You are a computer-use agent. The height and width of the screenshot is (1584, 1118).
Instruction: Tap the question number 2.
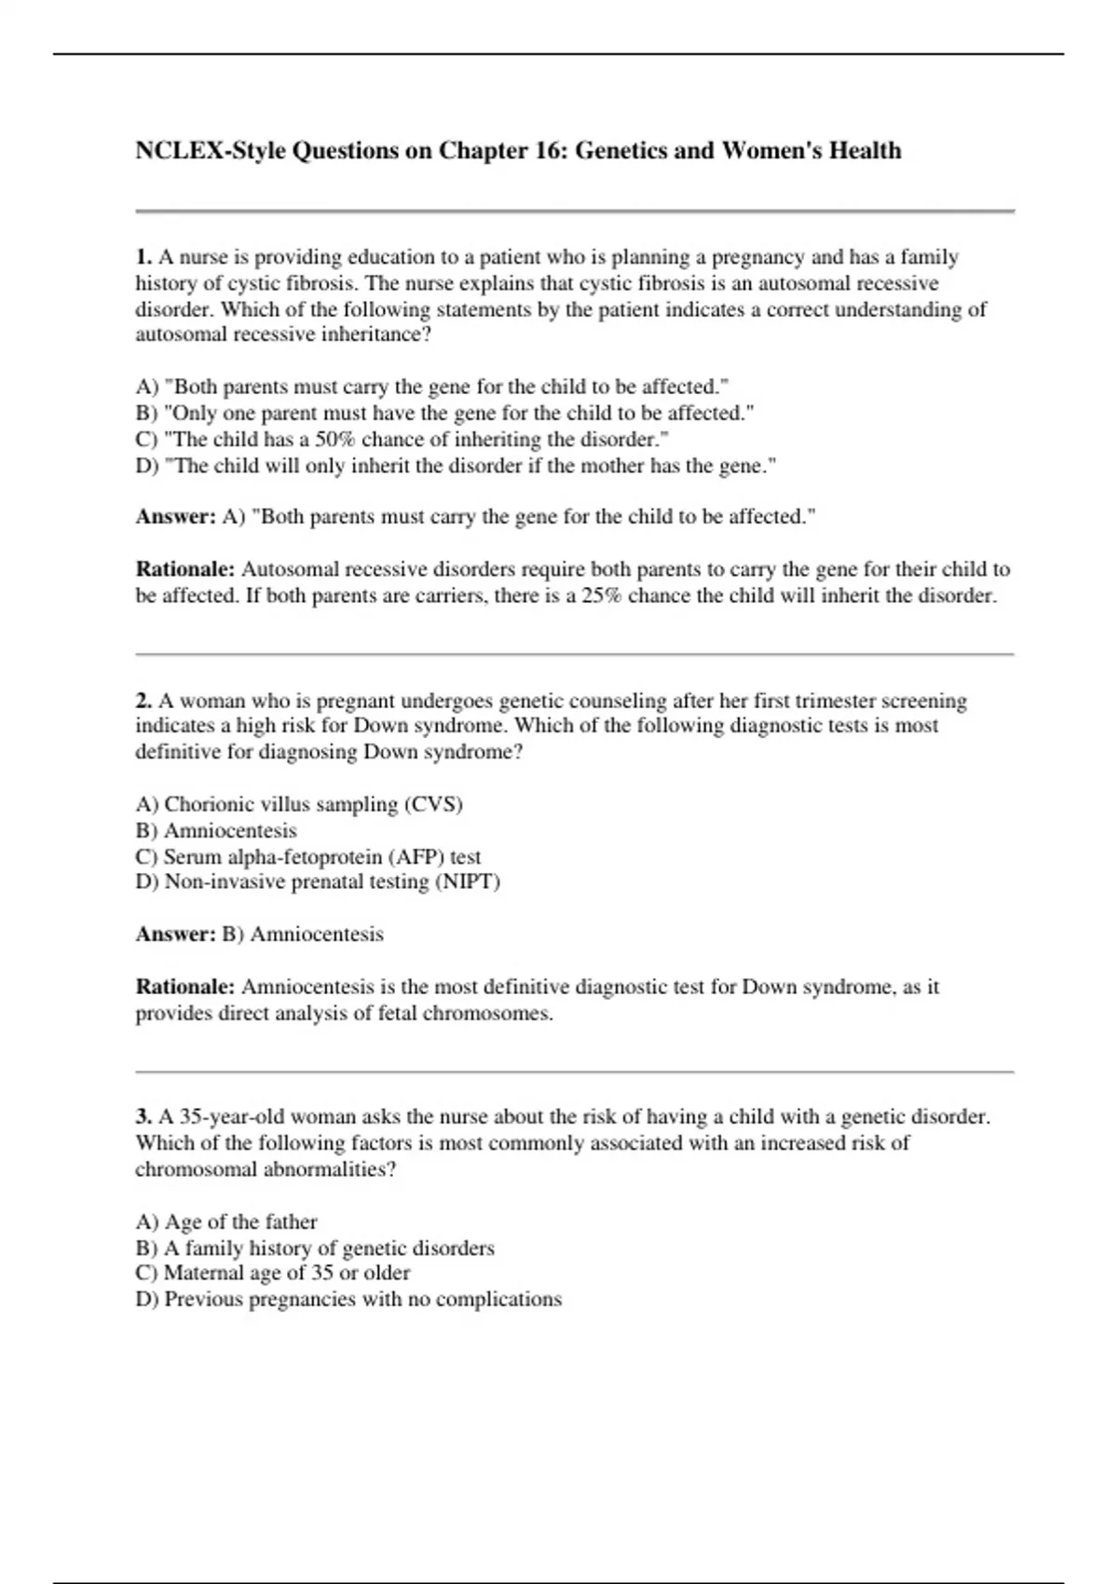pos(143,701)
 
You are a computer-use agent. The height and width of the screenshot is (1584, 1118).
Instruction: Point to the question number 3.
pos(143,1116)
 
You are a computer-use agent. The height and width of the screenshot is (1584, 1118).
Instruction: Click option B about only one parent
pos(444,413)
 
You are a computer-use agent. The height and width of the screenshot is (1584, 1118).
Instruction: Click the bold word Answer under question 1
pos(175,517)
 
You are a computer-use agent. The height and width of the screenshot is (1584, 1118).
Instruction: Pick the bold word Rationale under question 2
pos(184,987)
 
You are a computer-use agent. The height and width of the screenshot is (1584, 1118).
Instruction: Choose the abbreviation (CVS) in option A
pos(433,804)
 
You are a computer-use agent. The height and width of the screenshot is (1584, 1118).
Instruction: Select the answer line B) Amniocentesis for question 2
pos(303,935)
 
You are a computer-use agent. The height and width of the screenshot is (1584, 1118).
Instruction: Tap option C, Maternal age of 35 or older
pos(273,1273)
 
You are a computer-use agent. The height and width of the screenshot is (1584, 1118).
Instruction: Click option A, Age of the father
pos(226,1222)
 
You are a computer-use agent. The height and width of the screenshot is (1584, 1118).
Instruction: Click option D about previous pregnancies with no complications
pos(348,1299)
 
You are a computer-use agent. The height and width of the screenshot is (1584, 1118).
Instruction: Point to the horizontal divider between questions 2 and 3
pos(574,1072)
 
